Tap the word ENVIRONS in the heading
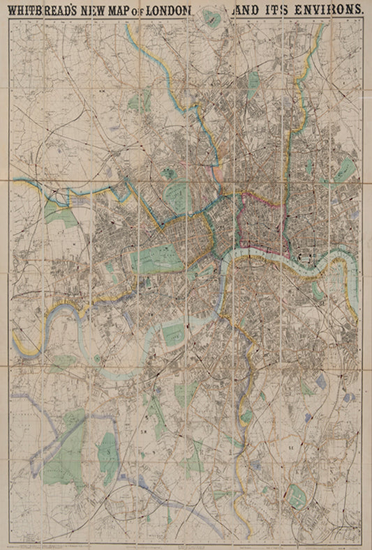click(325, 10)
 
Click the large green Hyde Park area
click(155, 259)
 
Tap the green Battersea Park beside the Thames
click(173, 333)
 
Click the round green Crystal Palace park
click(298, 496)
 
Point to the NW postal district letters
click(102, 89)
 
